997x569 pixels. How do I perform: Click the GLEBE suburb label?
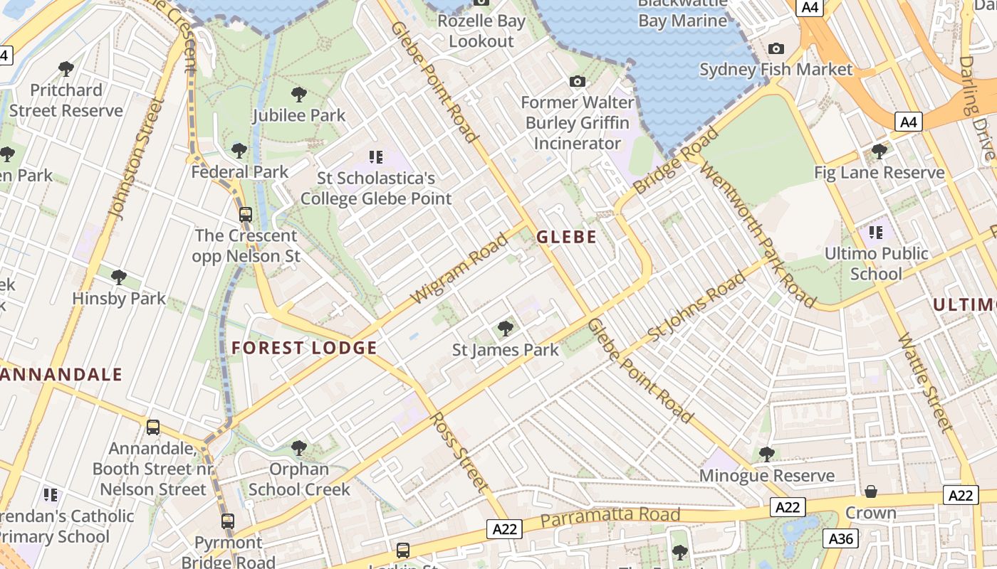point(566,237)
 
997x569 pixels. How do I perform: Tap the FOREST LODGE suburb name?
point(304,348)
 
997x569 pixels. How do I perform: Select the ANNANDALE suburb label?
point(61,374)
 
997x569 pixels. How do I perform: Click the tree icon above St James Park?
point(506,328)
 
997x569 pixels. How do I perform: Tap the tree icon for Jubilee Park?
point(299,94)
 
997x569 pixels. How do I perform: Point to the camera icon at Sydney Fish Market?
point(776,48)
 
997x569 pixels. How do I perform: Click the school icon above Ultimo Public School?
point(875,232)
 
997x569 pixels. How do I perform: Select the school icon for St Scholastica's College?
point(375,156)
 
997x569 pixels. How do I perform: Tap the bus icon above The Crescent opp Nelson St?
point(246,213)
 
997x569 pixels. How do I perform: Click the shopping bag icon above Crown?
point(870,491)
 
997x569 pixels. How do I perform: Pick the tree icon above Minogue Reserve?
point(766,453)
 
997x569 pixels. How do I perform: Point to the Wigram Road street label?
point(461,267)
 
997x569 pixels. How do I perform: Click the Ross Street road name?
point(460,452)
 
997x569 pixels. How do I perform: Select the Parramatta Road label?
point(610,516)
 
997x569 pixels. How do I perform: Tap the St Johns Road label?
point(696,305)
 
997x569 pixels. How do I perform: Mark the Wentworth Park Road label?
point(758,234)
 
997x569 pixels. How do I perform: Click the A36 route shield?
point(839,538)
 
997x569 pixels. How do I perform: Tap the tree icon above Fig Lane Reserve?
point(879,151)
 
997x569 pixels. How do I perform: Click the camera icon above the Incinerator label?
point(578,81)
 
